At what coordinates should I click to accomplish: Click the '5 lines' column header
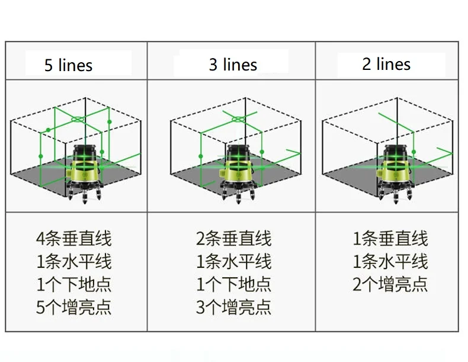point(69,65)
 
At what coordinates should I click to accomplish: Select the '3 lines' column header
point(233,64)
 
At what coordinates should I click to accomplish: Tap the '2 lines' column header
point(386,63)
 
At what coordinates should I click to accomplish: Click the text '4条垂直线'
point(73,239)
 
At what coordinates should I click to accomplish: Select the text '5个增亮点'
point(73,307)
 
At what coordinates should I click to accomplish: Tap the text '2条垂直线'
point(233,239)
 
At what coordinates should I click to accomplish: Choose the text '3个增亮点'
point(233,307)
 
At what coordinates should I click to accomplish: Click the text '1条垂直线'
point(390,239)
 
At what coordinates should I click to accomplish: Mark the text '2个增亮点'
point(390,284)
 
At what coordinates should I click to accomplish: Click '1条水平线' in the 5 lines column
point(73,262)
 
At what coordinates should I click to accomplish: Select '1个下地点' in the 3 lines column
point(233,284)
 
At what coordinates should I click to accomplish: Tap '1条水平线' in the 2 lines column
point(390,262)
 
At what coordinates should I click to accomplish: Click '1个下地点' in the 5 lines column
point(73,284)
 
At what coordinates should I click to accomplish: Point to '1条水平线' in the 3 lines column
point(233,262)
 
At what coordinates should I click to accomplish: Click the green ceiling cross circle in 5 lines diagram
point(78,119)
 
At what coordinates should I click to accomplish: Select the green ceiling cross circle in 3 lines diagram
point(238,118)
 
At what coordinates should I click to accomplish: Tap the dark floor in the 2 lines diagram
point(350,177)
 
